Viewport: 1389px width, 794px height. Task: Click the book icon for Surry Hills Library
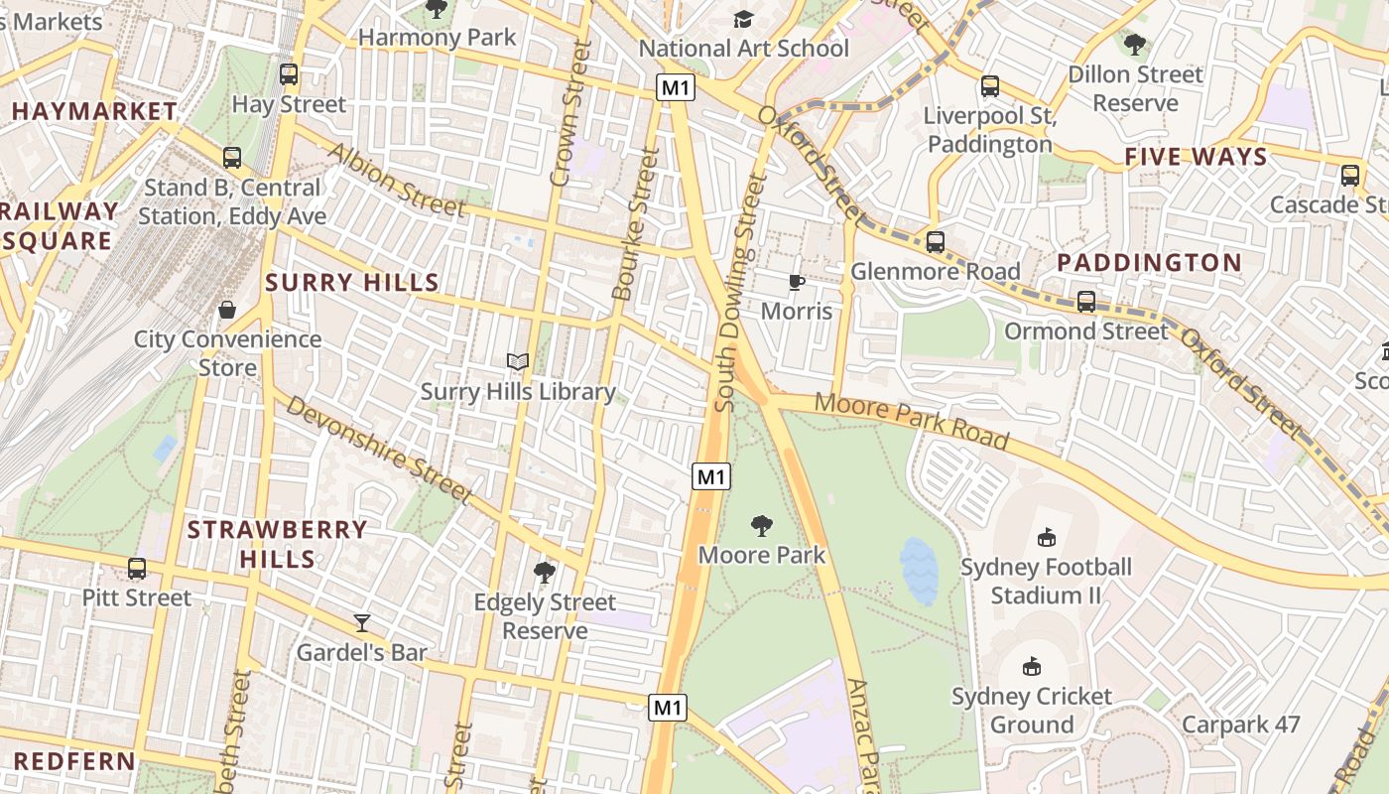517,361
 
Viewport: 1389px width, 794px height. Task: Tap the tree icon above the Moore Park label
762,525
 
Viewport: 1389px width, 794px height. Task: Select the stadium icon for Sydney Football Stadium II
1045,537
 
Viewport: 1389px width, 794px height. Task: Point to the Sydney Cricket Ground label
1032,710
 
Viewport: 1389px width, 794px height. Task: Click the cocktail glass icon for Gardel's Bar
362,622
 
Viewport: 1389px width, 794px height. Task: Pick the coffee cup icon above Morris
796,282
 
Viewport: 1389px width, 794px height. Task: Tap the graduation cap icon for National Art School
743,19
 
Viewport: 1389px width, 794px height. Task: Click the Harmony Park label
437,38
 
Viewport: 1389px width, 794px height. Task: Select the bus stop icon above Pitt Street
137,569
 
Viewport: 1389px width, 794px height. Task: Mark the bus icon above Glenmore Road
935,242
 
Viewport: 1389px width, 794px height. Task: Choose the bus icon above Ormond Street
1086,302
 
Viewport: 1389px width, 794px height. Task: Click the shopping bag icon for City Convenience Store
227,310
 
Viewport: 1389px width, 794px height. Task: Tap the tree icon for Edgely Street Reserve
544,572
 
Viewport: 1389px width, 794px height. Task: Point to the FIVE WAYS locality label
1196,157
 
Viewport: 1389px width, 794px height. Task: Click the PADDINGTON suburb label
1149,263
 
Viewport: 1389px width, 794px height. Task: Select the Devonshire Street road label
377,449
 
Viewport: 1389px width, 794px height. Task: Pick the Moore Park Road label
911,420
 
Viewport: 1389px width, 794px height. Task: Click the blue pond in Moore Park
919,572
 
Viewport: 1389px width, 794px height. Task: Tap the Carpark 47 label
1240,725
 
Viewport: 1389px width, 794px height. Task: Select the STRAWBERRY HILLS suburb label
277,544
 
